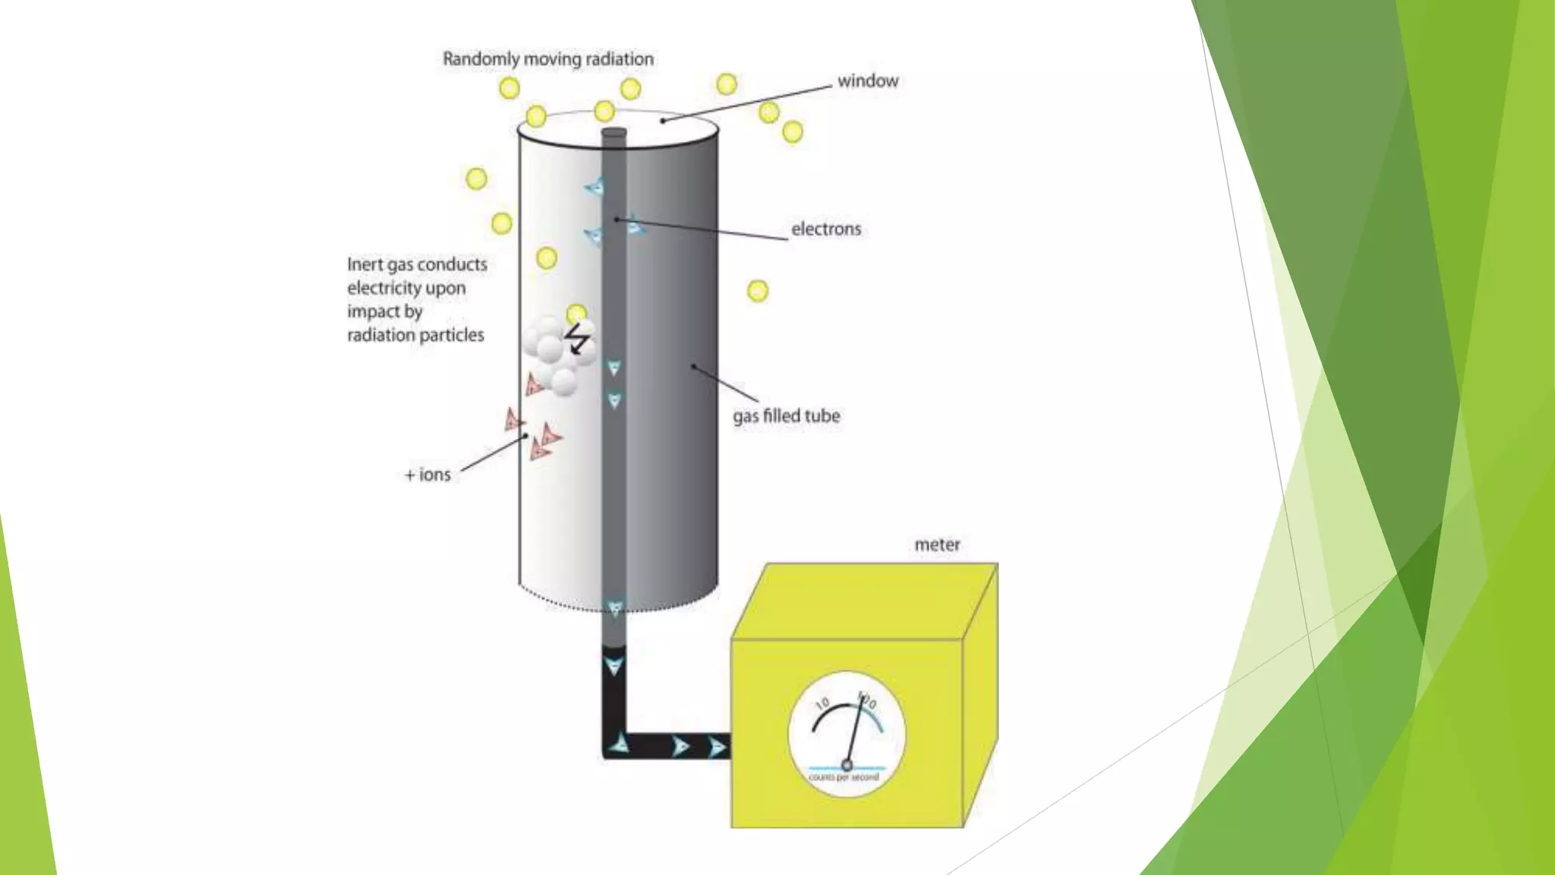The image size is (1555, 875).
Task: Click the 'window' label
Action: pyautogui.click(x=867, y=81)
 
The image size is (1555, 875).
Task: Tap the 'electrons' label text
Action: pyautogui.click(x=826, y=229)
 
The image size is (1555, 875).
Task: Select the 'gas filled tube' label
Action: pyautogui.click(x=786, y=416)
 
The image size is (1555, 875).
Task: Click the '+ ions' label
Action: pyautogui.click(x=427, y=475)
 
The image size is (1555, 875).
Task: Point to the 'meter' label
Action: pyautogui.click(x=937, y=545)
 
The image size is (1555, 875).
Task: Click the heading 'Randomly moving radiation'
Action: pyautogui.click(x=547, y=59)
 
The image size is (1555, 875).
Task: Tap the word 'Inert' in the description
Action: pyautogui.click(x=364, y=264)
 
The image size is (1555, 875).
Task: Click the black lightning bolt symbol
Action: pyautogui.click(x=578, y=339)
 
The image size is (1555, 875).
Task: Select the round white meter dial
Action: pyautogui.click(x=847, y=733)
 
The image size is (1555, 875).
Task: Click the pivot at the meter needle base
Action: pyautogui.click(x=847, y=765)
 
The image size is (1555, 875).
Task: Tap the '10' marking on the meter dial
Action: pyautogui.click(x=822, y=704)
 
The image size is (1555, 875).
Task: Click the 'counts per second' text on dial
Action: pyautogui.click(x=844, y=778)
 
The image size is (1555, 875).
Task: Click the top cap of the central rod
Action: pyautogui.click(x=613, y=134)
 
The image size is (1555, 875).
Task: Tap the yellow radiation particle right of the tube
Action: pyautogui.click(x=757, y=291)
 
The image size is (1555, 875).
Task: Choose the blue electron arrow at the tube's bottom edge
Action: pyautogui.click(x=615, y=608)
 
